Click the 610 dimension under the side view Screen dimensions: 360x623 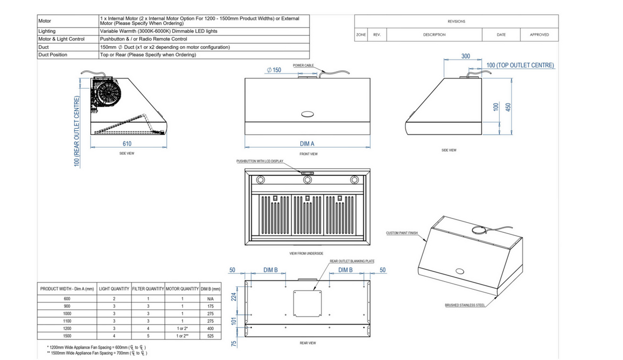(126, 144)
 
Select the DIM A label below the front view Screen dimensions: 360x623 (307, 144)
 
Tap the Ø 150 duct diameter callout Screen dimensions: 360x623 (274, 70)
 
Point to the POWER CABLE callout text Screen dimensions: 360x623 (303, 66)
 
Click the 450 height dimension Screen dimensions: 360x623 (509, 106)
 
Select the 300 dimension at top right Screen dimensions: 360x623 (465, 56)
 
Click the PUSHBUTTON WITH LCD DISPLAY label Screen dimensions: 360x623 (260, 161)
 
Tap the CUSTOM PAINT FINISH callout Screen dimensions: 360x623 (402, 233)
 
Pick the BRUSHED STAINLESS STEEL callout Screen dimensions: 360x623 (464, 305)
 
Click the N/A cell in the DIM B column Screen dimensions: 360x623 (210, 298)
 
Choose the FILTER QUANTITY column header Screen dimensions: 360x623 (148, 289)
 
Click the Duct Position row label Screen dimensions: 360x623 (53, 54)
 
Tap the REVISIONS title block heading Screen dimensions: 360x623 (456, 22)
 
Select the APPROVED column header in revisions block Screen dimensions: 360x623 (539, 35)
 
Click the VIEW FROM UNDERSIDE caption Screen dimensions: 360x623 (306, 254)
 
